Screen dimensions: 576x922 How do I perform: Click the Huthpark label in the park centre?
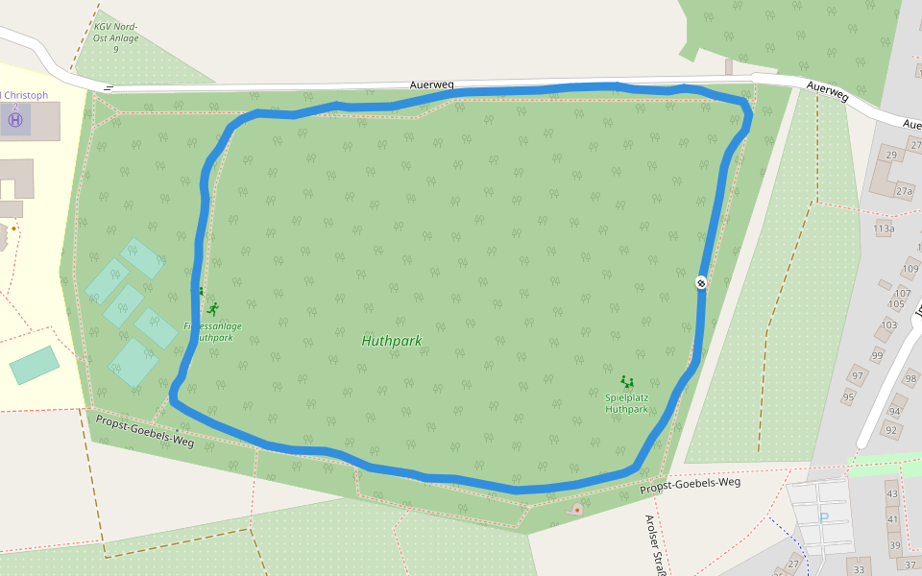pyautogui.click(x=392, y=341)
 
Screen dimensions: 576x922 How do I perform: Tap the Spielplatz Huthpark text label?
pyautogui.click(x=627, y=403)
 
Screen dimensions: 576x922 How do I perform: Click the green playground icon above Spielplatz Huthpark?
pyautogui.click(x=627, y=382)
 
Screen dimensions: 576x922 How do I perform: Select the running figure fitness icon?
pyautogui.click(x=212, y=309)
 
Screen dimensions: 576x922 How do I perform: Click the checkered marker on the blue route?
pyautogui.click(x=702, y=281)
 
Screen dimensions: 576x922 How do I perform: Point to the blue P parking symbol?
pyautogui.click(x=824, y=518)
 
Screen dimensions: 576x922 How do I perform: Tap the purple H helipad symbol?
pyautogui.click(x=15, y=120)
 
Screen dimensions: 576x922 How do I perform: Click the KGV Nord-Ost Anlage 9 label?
pyautogui.click(x=116, y=37)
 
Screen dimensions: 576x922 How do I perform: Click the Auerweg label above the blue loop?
pyautogui.click(x=431, y=85)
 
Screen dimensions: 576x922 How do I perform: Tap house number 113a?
pyautogui.click(x=885, y=229)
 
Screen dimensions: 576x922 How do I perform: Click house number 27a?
pyautogui.click(x=904, y=191)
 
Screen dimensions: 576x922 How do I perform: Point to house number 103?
pyautogui.click(x=888, y=325)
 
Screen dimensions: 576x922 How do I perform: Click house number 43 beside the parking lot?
pyautogui.click(x=892, y=494)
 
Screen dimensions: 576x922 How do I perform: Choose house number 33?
pyautogui.click(x=859, y=570)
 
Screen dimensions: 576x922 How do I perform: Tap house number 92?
pyautogui.click(x=891, y=430)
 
